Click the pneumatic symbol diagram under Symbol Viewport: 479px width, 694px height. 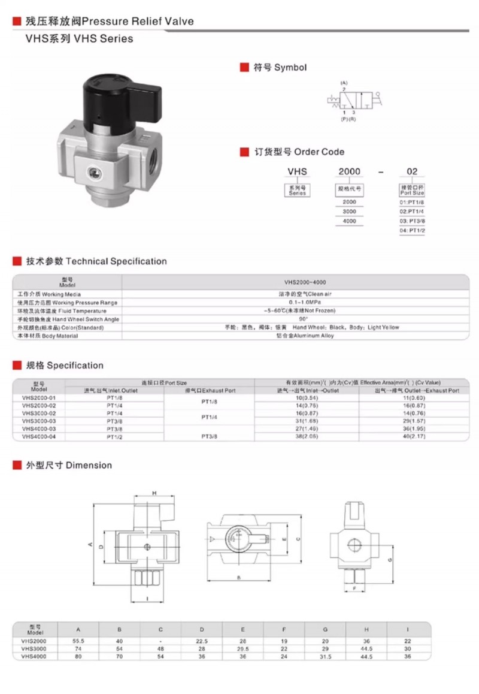[x=353, y=98]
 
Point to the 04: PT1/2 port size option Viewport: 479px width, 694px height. [x=412, y=231]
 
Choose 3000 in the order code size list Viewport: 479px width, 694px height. [x=349, y=212]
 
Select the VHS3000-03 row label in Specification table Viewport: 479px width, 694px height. [x=38, y=422]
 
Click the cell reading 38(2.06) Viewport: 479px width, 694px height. [x=307, y=437]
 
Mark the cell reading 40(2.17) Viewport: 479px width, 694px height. [x=410, y=437]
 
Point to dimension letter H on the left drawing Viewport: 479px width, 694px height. [x=154, y=493]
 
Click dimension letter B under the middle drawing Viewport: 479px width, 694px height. [x=238, y=577]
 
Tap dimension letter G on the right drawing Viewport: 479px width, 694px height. [x=390, y=559]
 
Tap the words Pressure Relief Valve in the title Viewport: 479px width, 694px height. [x=138, y=21]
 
